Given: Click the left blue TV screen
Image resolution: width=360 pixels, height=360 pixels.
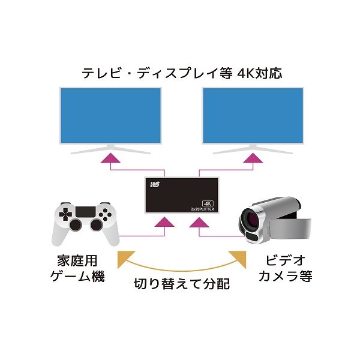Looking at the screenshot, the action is pos(110,115).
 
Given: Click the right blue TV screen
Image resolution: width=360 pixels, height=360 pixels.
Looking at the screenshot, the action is pos(253,115).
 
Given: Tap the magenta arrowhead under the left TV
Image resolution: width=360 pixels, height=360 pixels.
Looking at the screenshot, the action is pos(110,158).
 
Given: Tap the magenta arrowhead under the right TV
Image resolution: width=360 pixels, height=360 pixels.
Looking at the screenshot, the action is pos(253,158).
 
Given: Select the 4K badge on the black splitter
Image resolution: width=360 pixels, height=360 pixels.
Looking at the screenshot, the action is pos(208,203).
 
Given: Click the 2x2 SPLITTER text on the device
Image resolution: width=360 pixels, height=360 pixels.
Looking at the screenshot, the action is pos(203,209).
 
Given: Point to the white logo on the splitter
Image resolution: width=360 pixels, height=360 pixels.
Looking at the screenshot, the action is pos(155,184).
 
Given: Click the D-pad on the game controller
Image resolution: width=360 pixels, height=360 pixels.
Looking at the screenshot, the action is pos(65,214).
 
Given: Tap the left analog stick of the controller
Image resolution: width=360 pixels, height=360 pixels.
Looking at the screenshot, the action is pos(76,225).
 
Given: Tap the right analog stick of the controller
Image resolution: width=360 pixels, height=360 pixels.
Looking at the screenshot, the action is pos(97,225).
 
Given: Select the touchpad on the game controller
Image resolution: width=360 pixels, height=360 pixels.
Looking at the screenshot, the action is pos(86,212).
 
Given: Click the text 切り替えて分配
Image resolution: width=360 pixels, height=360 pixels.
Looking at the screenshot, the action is pos(182,284).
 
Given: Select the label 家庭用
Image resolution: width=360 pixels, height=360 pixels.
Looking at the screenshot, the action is pos(77,260).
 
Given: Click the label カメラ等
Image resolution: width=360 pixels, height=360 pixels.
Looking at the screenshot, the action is pos(286,276).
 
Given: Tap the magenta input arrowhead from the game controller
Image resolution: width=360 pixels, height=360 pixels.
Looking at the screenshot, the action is pos(164,222).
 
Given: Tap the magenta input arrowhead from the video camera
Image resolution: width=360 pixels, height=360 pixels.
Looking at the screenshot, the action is pos(199,222).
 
